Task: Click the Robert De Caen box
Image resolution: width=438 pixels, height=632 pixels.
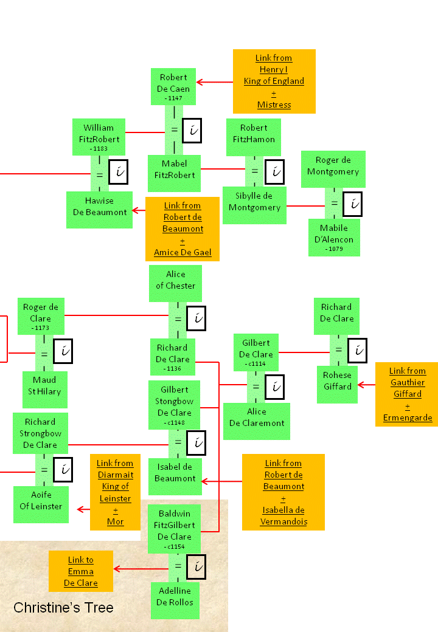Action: tap(173, 86)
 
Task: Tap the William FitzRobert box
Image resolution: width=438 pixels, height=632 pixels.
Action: tap(99, 137)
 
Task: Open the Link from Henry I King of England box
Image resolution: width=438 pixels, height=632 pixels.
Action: tap(274, 81)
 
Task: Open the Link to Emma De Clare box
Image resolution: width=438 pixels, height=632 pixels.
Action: tap(81, 572)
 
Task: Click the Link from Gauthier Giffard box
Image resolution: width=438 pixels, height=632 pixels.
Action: tap(407, 394)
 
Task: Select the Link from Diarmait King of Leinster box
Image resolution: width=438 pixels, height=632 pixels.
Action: tap(115, 492)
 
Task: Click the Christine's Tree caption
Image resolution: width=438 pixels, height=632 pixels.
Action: tap(63, 608)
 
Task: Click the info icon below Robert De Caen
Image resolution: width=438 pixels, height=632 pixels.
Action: tap(192, 131)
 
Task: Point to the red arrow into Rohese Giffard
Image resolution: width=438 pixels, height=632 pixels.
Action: tap(366, 385)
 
